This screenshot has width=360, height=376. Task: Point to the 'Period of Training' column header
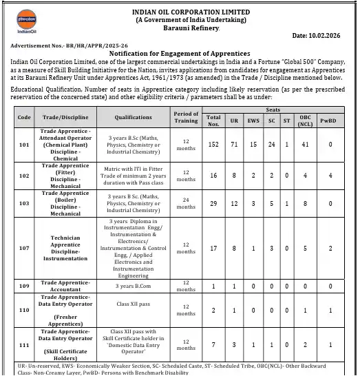click(186, 117)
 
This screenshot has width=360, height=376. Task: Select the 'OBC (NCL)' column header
click(305, 122)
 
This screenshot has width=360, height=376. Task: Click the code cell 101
click(25, 145)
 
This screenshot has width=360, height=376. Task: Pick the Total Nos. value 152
click(213, 145)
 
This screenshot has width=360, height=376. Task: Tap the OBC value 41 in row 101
click(305, 145)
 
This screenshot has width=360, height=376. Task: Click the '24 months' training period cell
click(186, 204)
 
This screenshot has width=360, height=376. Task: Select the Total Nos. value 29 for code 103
click(213, 204)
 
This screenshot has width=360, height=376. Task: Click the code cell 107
click(25, 248)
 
